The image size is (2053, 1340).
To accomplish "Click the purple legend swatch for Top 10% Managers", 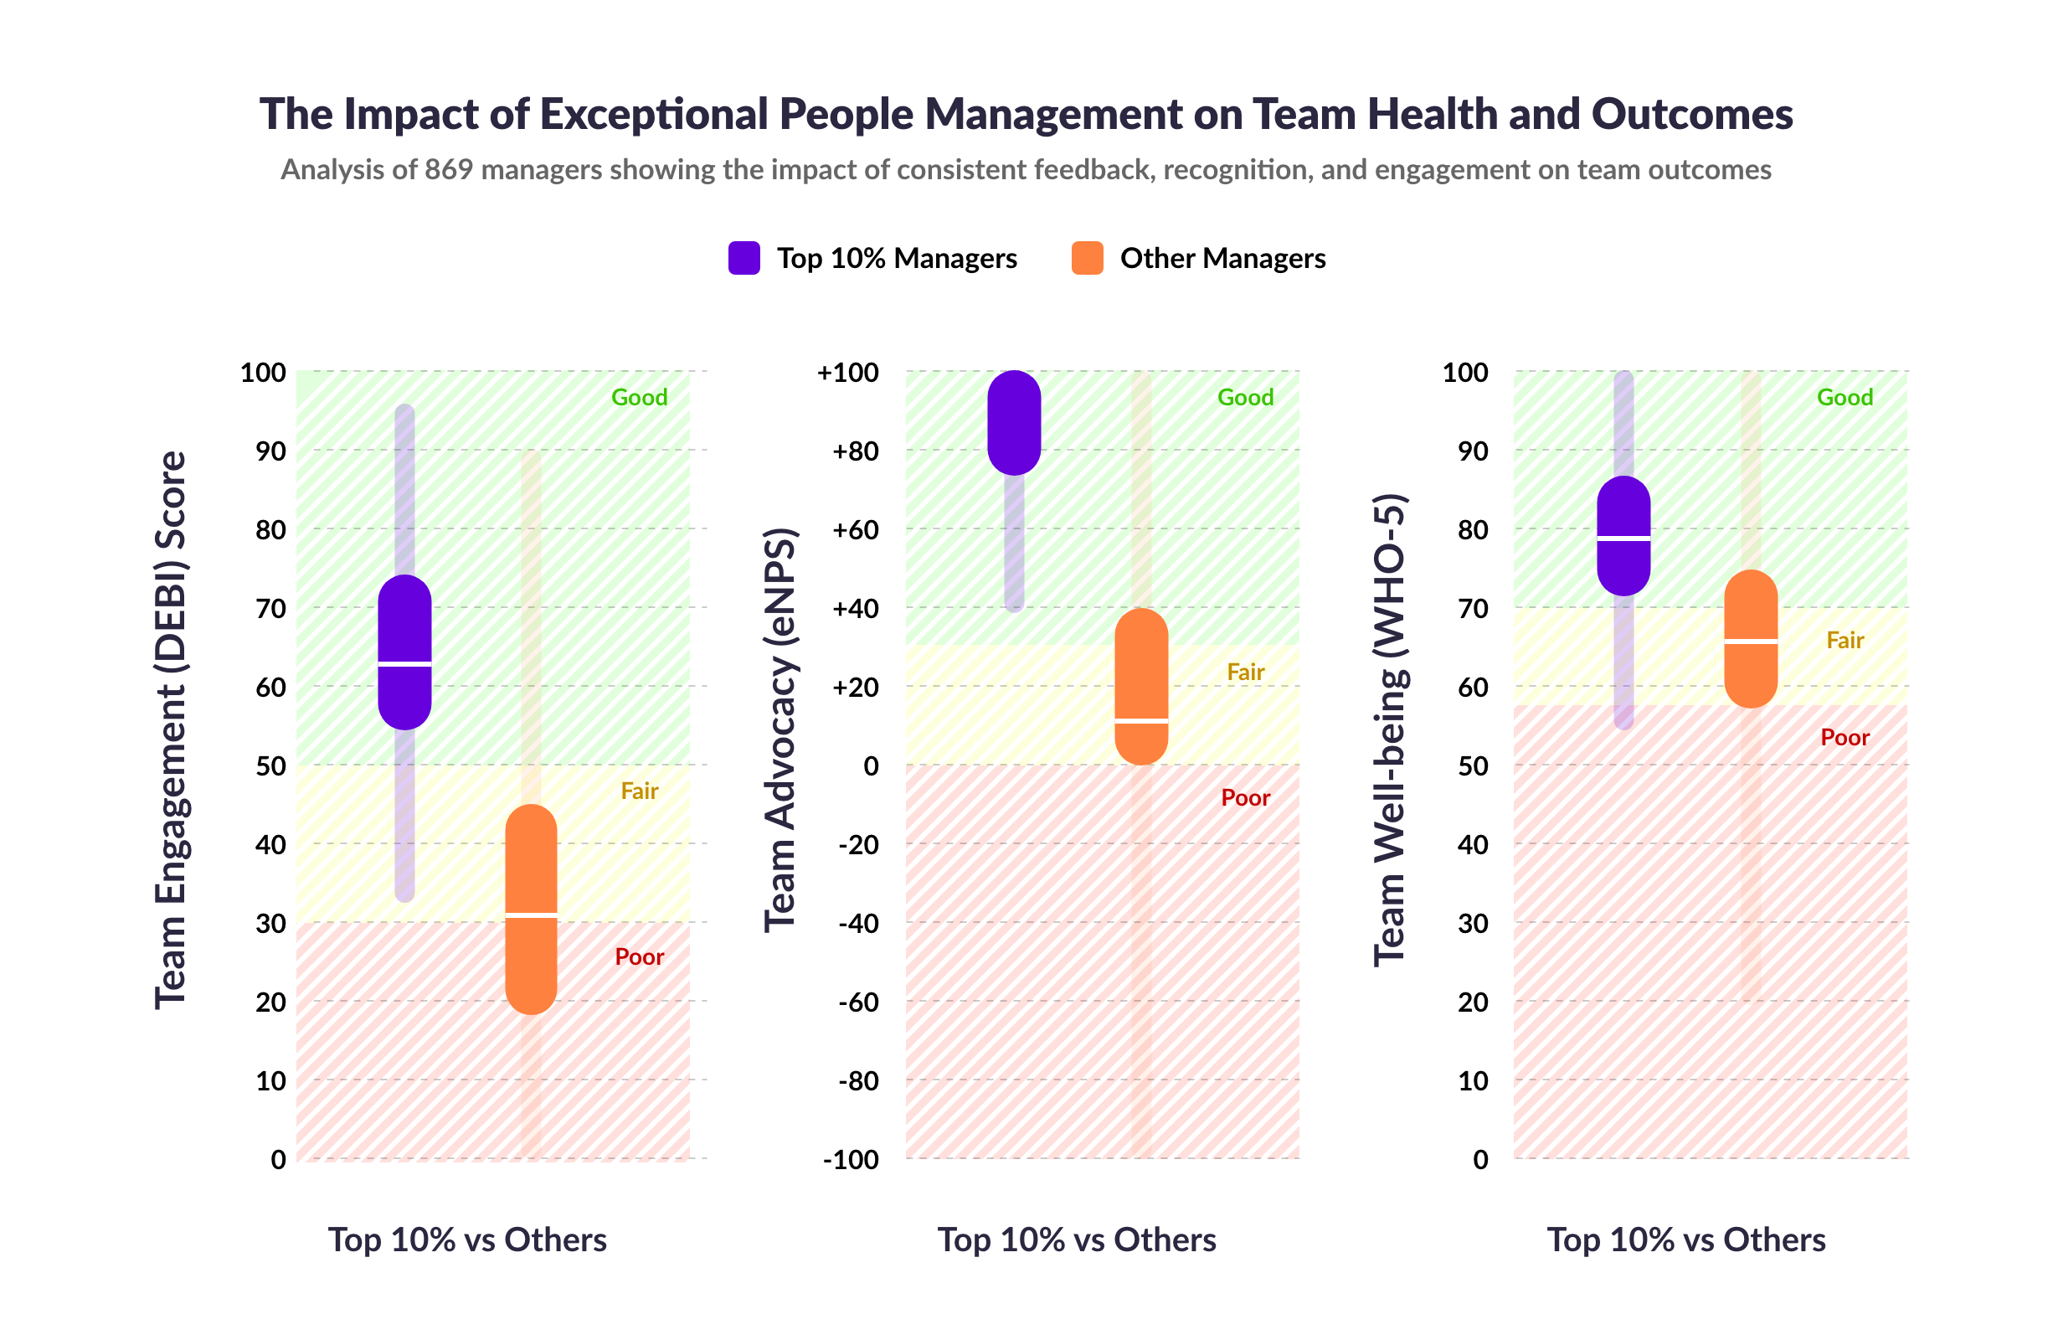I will point(744,258).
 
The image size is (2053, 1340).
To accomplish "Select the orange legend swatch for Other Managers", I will point(1087,258).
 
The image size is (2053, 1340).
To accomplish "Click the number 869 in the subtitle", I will point(448,169).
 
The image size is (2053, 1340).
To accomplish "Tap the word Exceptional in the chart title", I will point(654,114).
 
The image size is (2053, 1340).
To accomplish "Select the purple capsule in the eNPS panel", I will point(1014,423).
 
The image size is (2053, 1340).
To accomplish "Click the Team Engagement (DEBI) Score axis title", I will point(171,730).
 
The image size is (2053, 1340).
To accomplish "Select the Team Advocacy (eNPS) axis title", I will point(780,730).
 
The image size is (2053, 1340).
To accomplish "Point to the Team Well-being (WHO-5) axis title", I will point(1390,730).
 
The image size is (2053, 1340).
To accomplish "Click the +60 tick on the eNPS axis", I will point(855,530).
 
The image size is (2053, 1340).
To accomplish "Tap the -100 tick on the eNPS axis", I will point(851,1160).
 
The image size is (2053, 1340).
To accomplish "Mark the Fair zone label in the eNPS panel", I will point(1245,673).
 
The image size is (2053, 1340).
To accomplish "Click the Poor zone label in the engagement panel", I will point(638,957).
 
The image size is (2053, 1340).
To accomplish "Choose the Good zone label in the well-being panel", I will point(1845,398).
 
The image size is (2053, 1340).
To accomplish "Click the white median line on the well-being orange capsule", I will point(1750,641).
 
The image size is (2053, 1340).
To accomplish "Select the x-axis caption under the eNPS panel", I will point(1077,1239).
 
